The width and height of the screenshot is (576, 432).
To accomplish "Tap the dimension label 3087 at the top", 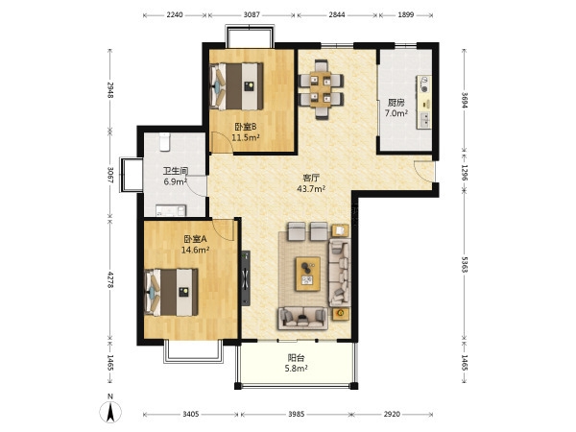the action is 252,14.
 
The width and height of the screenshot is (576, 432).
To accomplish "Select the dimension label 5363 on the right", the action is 465,265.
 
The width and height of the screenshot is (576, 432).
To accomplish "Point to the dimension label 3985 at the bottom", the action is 296,415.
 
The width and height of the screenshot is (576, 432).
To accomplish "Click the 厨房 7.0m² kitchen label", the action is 396,108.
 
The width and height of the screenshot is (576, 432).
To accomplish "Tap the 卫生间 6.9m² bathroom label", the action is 176,176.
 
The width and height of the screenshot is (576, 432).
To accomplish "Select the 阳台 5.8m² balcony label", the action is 296,363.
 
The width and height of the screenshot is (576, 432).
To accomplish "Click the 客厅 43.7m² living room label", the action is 311,183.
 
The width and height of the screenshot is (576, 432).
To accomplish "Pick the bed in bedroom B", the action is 236,86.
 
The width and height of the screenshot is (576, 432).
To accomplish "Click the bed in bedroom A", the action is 171,293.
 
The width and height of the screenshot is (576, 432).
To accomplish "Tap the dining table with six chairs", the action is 321,89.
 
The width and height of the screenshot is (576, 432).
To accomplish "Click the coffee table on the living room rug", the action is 308,274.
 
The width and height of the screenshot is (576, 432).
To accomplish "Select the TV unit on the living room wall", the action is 246,278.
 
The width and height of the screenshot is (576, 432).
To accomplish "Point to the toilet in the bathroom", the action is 164,142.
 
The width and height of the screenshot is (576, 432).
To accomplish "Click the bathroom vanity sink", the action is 171,210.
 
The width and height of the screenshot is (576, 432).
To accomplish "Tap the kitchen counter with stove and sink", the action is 424,102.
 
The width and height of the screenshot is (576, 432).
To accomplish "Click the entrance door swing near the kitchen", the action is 423,171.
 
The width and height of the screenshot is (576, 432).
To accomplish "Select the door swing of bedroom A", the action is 224,230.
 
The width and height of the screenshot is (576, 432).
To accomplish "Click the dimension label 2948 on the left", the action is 109,89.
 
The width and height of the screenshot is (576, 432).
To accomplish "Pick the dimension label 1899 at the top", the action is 405,14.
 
